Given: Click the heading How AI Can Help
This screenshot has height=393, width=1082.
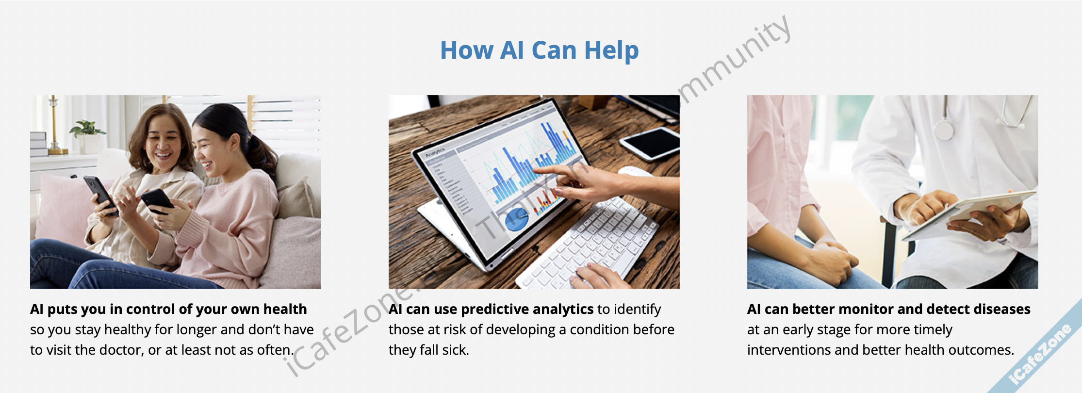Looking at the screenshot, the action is point(539,50).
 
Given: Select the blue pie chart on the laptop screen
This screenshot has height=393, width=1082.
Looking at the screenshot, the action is point(517,219).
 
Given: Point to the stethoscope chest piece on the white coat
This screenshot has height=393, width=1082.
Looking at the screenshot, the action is point(944,130).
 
